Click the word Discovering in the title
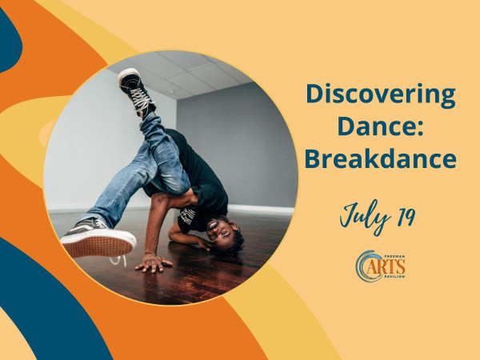click(x=381, y=95)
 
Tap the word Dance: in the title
click(x=381, y=126)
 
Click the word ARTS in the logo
click(x=386, y=266)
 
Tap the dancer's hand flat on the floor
click(x=154, y=262)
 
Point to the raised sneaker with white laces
click(x=137, y=92)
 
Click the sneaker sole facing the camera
click(x=98, y=243)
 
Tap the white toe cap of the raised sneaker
click(x=127, y=74)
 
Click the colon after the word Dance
click(x=420, y=129)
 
